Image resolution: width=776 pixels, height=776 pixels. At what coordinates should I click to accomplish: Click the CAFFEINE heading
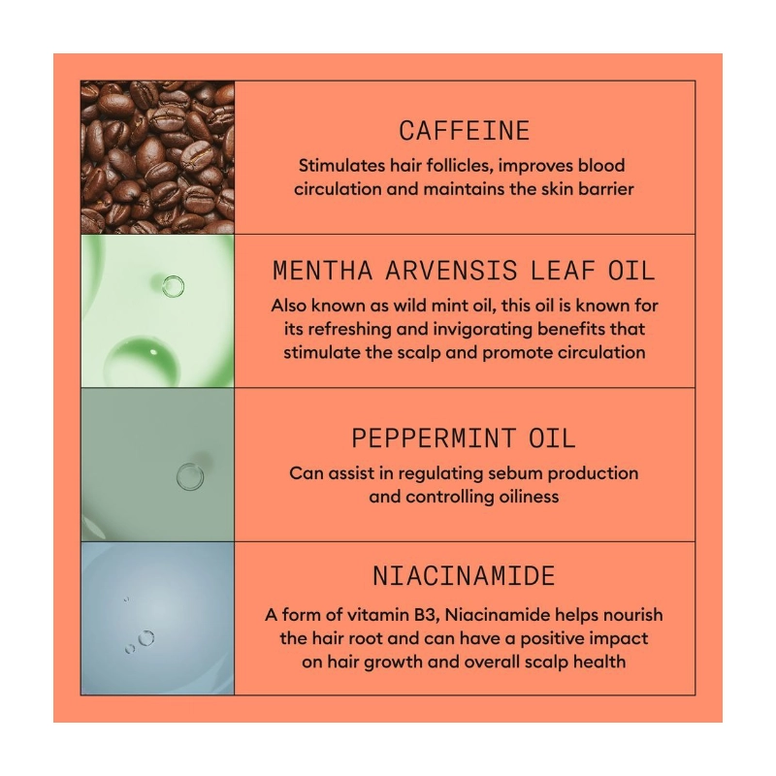[465, 131]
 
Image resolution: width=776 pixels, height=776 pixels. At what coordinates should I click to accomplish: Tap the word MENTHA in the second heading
[323, 271]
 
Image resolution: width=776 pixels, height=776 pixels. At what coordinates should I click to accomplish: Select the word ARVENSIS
[451, 271]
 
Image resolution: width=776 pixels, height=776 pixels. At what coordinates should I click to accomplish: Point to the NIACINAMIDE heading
[465, 575]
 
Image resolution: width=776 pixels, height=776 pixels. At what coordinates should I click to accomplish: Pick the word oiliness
[529, 497]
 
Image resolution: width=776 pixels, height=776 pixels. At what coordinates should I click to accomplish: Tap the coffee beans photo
[157, 157]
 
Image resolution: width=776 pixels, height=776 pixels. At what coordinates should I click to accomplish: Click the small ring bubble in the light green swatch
[174, 286]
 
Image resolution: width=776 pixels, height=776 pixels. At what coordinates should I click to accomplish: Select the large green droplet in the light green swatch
[142, 360]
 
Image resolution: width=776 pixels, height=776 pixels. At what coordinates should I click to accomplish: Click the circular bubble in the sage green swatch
[190, 476]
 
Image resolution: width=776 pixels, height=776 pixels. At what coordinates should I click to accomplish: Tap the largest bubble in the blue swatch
[146, 638]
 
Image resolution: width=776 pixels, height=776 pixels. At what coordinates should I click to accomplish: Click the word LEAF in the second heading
[563, 271]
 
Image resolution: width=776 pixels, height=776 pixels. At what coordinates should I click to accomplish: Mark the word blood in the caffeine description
[601, 165]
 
